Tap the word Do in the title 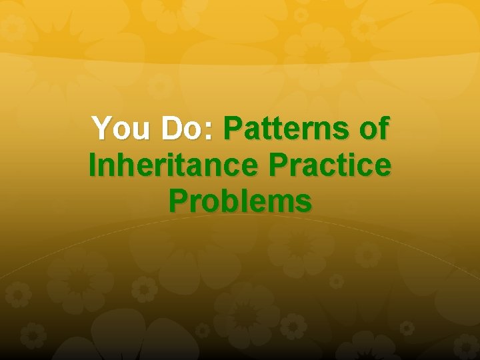[184, 128]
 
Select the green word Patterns [283, 128]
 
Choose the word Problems [240, 200]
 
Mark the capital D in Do [171, 128]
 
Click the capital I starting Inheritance [93, 164]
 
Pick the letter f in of [381, 128]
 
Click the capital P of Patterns [235, 128]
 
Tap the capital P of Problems [179, 200]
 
